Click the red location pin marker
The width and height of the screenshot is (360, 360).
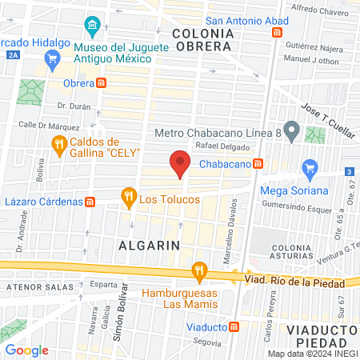click(x=180, y=162)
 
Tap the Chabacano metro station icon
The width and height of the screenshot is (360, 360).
click(x=257, y=163)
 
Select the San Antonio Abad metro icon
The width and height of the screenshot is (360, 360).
click(x=278, y=33)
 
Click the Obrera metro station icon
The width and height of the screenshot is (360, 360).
click(x=101, y=82)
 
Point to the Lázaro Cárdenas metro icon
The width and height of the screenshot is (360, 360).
click(x=90, y=202)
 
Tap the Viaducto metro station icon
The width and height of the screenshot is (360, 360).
click(x=234, y=326)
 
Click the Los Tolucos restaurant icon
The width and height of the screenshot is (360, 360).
click(x=127, y=195)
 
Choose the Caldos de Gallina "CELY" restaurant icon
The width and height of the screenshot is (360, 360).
click(x=58, y=145)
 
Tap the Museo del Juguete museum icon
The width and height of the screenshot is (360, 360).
click(x=92, y=26)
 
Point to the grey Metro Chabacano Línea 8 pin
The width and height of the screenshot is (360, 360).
click(x=292, y=130)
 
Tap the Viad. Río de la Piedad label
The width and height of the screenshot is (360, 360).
click(x=300, y=281)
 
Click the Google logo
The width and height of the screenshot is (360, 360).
click(x=27, y=350)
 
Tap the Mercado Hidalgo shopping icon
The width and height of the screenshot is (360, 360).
click(x=54, y=58)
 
